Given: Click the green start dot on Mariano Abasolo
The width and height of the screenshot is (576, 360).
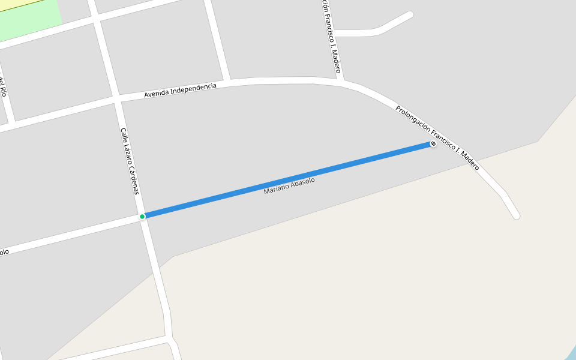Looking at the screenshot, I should tap(142, 217).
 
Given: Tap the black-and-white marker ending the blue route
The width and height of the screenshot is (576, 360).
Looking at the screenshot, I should tap(433, 145).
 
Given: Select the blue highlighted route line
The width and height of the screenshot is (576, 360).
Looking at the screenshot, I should tap(288, 180).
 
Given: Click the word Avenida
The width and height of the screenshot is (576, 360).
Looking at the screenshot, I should tap(156, 94).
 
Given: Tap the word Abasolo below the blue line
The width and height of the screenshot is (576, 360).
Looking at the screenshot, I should tap(302, 182).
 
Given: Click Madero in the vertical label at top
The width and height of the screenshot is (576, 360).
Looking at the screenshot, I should tap(337, 61).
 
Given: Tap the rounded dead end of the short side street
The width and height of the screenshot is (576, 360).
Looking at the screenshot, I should tap(410, 15).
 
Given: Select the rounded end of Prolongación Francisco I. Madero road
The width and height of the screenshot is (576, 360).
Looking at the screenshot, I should tap(516, 215).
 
